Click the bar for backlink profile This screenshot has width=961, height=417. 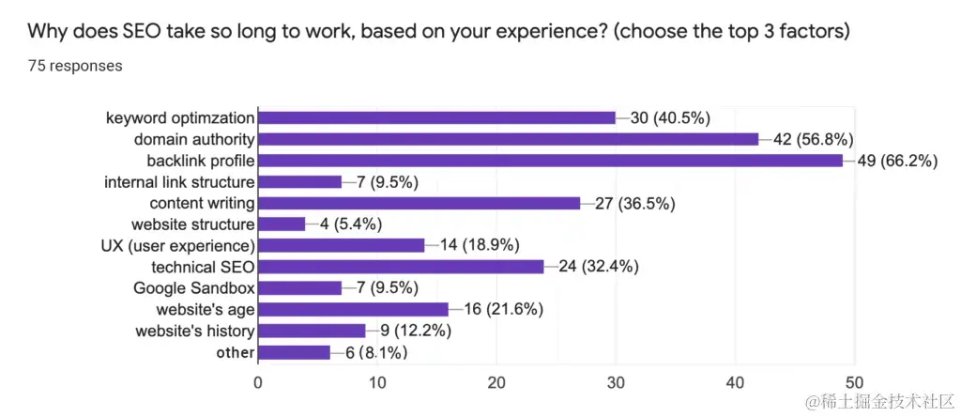pyautogui.click(x=550, y=161)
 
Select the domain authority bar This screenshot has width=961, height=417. pyautogui.click(x=508, y=139)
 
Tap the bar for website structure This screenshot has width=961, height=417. pyautogui.click(x=281, y=224)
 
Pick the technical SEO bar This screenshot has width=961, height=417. pyautogui.click(x=400, y=267)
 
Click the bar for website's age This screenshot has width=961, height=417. pyautogui.click(x=353, y=309)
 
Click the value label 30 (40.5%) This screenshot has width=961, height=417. pyautogui.click(x=670, y=118)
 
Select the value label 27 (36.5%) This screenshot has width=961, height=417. pyautogui.click(x=634, y=203)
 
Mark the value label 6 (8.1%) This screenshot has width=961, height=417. pyautogui.click(x=374, y=353)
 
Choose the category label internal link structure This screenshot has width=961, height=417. pyautogui.click(x=179, y=182)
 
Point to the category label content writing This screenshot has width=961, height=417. pyautogui.click(x=202, y=203)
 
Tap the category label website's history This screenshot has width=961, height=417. pyautogui.click(x=194, y=331)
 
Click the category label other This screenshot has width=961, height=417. pyautogui.click(x=235, y=352)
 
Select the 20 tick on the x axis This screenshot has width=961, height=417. pyautogui.click(x=496, y=382)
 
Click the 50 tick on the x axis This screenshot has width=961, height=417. pyautogui.click(x=854, y=382)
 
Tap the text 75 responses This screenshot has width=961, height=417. pyautogui.click(x=75, y=66)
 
